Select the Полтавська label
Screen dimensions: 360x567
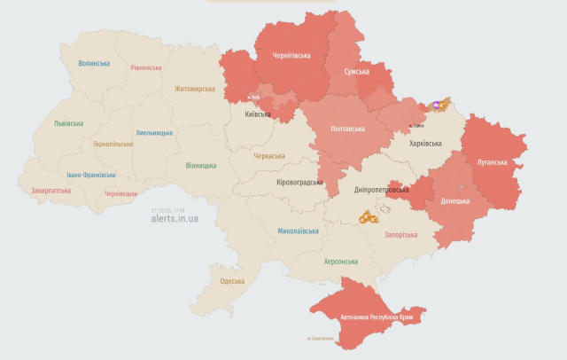tap(346, 129)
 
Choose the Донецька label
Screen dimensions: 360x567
tap(454, 200)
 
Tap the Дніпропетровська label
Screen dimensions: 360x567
tap(382, 190)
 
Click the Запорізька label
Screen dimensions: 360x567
tap(400, 235)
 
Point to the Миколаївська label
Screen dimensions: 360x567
tap(298, 231)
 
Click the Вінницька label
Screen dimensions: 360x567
tap(202, 165)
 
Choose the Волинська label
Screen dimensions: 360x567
tap(94, 63)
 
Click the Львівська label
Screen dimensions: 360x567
tap(68, 123)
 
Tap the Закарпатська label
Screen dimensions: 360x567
tap(52, 190)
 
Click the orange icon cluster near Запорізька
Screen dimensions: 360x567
tap(368, 216)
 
